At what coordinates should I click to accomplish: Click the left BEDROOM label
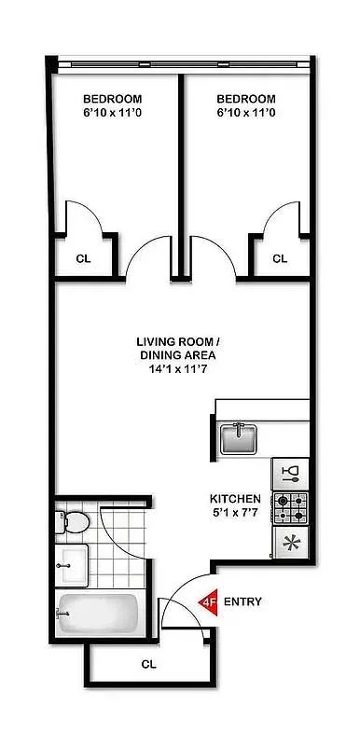pos(113,99)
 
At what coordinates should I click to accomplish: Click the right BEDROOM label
pos(246,99)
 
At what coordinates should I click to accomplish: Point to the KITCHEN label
pos(235,498)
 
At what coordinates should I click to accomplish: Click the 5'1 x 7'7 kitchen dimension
pos(235,511)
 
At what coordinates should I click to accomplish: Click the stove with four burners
pos(290,507)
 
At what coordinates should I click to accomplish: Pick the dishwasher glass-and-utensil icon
pos(290,474)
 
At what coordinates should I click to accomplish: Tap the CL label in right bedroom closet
pos(280,258)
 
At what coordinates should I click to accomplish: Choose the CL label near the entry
pos(147,665)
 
